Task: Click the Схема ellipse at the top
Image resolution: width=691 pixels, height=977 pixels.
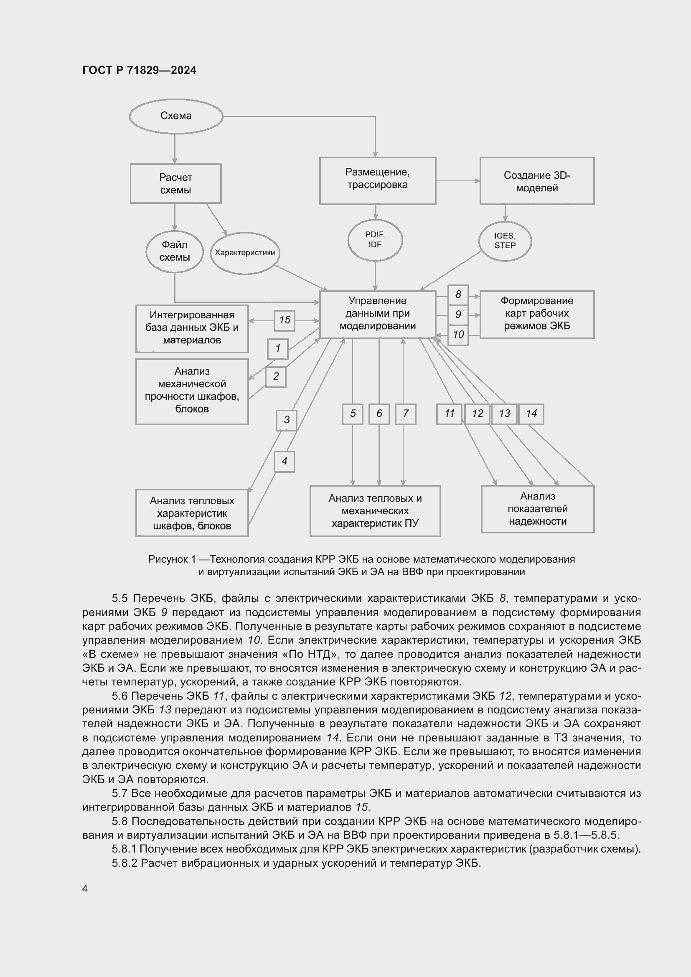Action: coord(176,116)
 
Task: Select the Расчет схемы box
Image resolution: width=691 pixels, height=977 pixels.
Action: coord(175,183)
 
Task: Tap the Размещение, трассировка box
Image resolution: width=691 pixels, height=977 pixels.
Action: coord(377,180)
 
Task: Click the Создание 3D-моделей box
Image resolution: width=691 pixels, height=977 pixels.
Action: coord(536,181)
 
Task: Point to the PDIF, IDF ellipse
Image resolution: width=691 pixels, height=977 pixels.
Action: coord(375,240)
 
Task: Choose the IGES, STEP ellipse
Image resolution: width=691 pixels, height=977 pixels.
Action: coord(505,241)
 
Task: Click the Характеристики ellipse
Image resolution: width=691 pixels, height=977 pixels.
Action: coord(245,253)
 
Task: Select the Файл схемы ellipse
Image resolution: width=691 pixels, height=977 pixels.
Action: coord(175,251)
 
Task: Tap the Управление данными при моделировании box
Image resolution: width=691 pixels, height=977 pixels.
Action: coord(377,314)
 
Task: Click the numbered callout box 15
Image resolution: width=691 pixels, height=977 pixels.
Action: coord(285,320)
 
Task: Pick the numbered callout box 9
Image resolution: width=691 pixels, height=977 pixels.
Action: coord(458,315)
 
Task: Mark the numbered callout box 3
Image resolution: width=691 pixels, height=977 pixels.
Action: coord(286,420)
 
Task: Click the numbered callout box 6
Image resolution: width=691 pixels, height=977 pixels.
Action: coord(379,414)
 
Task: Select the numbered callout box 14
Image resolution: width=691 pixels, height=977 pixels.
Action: coord(531,414)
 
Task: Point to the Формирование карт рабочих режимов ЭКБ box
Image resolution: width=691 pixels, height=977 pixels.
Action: coord(536,314)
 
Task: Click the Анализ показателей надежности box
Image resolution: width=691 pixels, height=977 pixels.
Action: coord(537,509)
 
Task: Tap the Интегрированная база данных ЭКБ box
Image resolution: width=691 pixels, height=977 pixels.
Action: coord(192,328)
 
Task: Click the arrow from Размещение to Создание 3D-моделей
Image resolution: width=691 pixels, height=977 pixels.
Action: coord(458,181)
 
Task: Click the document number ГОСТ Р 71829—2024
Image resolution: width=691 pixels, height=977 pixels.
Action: coord(139,70)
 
